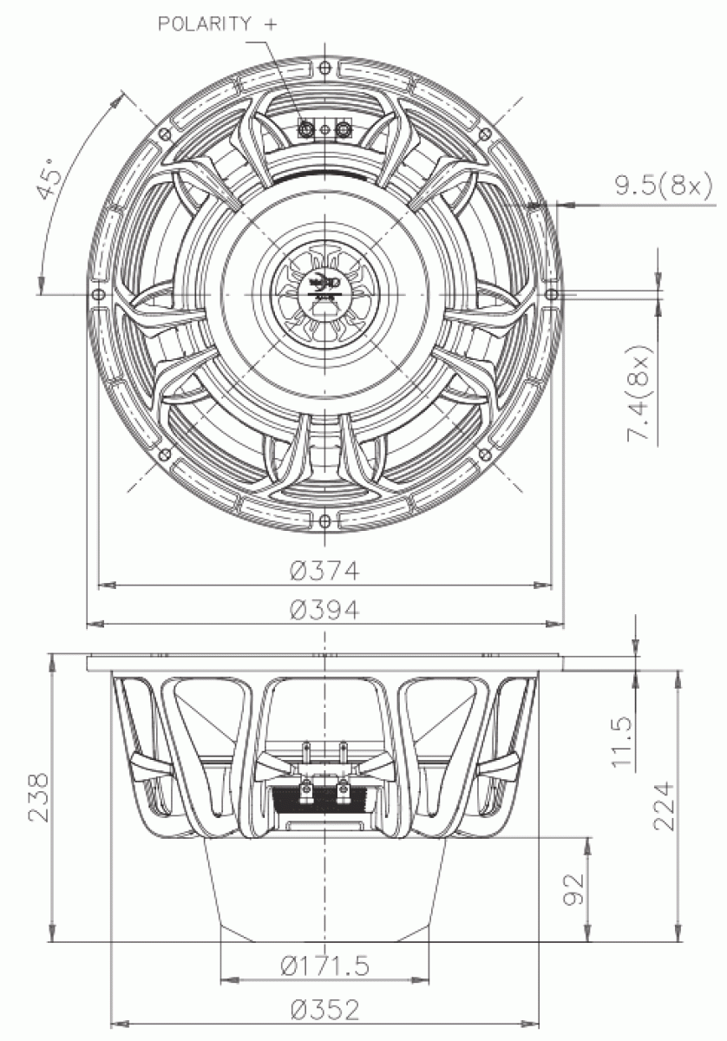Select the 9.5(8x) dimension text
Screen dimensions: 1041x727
click(x=663, y=185)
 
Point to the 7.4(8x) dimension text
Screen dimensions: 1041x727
click(x=642, y=398)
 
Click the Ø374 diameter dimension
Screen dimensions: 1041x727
click(x=324, y=571)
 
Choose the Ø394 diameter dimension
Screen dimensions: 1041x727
click(x=324, y=610)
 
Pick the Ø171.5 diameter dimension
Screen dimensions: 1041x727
click(x=324, y=965)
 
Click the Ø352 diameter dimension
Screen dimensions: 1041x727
click(x=324, y=1009)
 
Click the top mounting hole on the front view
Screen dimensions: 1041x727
click(x=324, y=68)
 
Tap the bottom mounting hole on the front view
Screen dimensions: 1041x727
click(x=324, y=520)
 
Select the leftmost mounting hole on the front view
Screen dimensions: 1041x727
click(x=98, y=294)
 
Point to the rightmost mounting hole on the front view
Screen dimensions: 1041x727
click(x=552, y=294)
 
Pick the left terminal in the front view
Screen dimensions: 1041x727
click(x=305, y=130)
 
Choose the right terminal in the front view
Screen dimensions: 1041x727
click(x=344, y=130)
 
